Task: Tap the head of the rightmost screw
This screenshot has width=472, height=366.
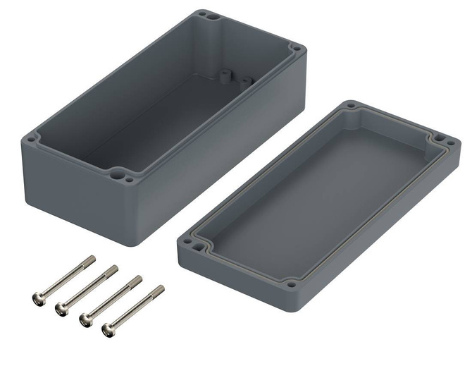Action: pos(110,329)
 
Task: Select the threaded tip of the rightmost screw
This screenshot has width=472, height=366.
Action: pos(161,288)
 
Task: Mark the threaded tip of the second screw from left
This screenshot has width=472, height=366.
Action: pos(113,268)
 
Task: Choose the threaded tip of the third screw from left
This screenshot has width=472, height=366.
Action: pos(137,279)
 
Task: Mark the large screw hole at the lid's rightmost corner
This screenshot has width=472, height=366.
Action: pos(442,140)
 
